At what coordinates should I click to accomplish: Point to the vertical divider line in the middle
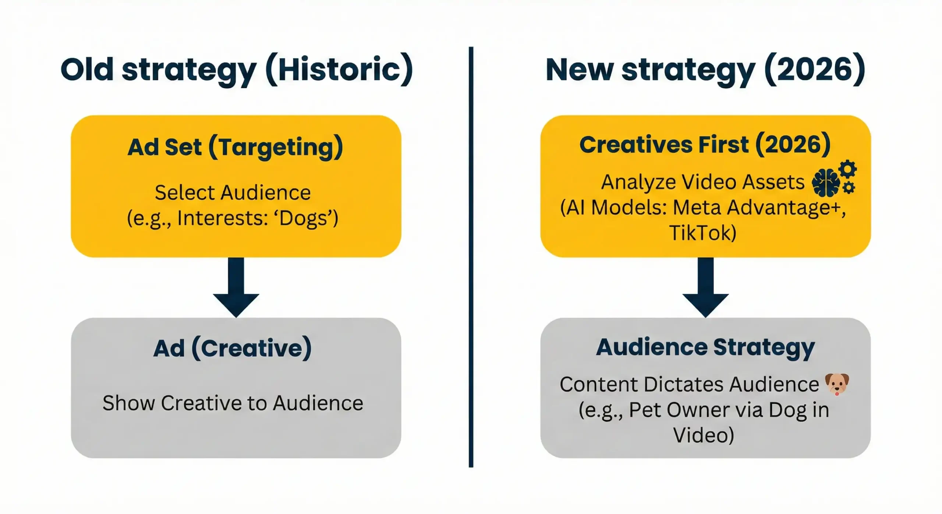[471, 258]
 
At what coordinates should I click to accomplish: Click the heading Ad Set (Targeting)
[235, 147]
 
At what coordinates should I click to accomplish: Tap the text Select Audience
[233, 193]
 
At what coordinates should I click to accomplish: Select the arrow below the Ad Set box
[236, 288]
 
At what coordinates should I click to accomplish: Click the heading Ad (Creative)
[233, 348]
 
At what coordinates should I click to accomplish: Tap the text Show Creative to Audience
[233, 403]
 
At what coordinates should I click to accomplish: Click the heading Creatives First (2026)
[705, 144]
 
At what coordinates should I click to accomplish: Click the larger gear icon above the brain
[848, 169]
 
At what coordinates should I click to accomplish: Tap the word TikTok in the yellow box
[702, 233]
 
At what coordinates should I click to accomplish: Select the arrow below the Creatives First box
[705, 288]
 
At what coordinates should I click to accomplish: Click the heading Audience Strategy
[705, 347]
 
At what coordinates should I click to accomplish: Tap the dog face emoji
[837, 384]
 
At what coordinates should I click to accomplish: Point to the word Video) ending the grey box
[704, 435]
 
